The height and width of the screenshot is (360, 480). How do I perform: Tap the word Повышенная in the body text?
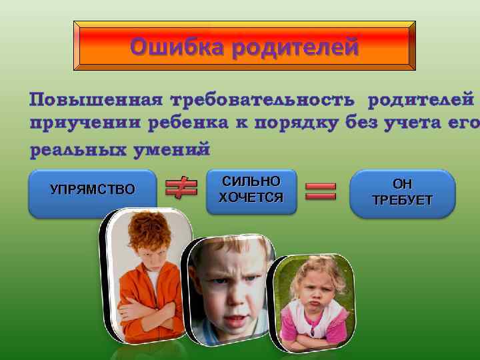tap(95, 101)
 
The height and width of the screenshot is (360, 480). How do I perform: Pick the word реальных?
tap(72, 150)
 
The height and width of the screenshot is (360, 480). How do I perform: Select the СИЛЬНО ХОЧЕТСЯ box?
tap(251, 190)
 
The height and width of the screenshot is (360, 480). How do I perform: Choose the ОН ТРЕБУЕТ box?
tap(402, 193)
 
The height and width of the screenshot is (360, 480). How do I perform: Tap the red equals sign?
tap(321, 191)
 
